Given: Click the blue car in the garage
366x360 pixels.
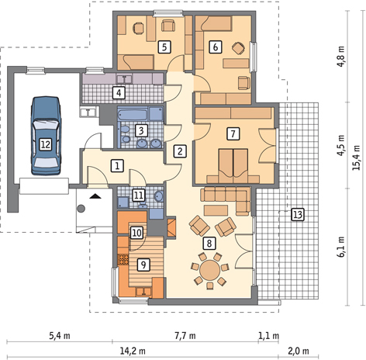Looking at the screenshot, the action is [x=46, y=136].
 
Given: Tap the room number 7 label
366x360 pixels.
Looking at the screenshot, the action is [x=233, y=133].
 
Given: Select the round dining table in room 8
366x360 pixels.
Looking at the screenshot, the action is [x=209, y=270].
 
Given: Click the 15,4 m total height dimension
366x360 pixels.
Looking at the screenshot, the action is [x=357, y=157].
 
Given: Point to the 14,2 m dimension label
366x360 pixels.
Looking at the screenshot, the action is [x=133, y=351].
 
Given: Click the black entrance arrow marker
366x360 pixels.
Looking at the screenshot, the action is [x=95, y=196].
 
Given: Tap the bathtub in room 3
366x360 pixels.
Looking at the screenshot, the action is [x=133, y=114].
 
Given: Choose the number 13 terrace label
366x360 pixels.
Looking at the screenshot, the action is [x=298, y=214].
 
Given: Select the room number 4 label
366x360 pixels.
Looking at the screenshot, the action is [x=119, y=93].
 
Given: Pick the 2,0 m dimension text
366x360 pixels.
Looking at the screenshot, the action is [x=299, y=351].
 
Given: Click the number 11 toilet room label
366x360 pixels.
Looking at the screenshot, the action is [x=138, y=196].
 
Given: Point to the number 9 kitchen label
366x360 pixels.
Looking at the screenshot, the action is [x=143, y=265].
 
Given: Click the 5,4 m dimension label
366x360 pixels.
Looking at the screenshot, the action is [x=60, y=336].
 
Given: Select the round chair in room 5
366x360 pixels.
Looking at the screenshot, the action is [x=139, y=28].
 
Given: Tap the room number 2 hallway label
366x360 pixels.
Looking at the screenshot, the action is [x=180, y=151].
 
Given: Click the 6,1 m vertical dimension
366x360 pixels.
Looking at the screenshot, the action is [x=341, y=247].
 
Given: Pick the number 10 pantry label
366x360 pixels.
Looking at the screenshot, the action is [x=136, y=233].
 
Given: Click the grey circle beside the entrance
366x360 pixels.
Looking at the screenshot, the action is [x=81, y=208].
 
